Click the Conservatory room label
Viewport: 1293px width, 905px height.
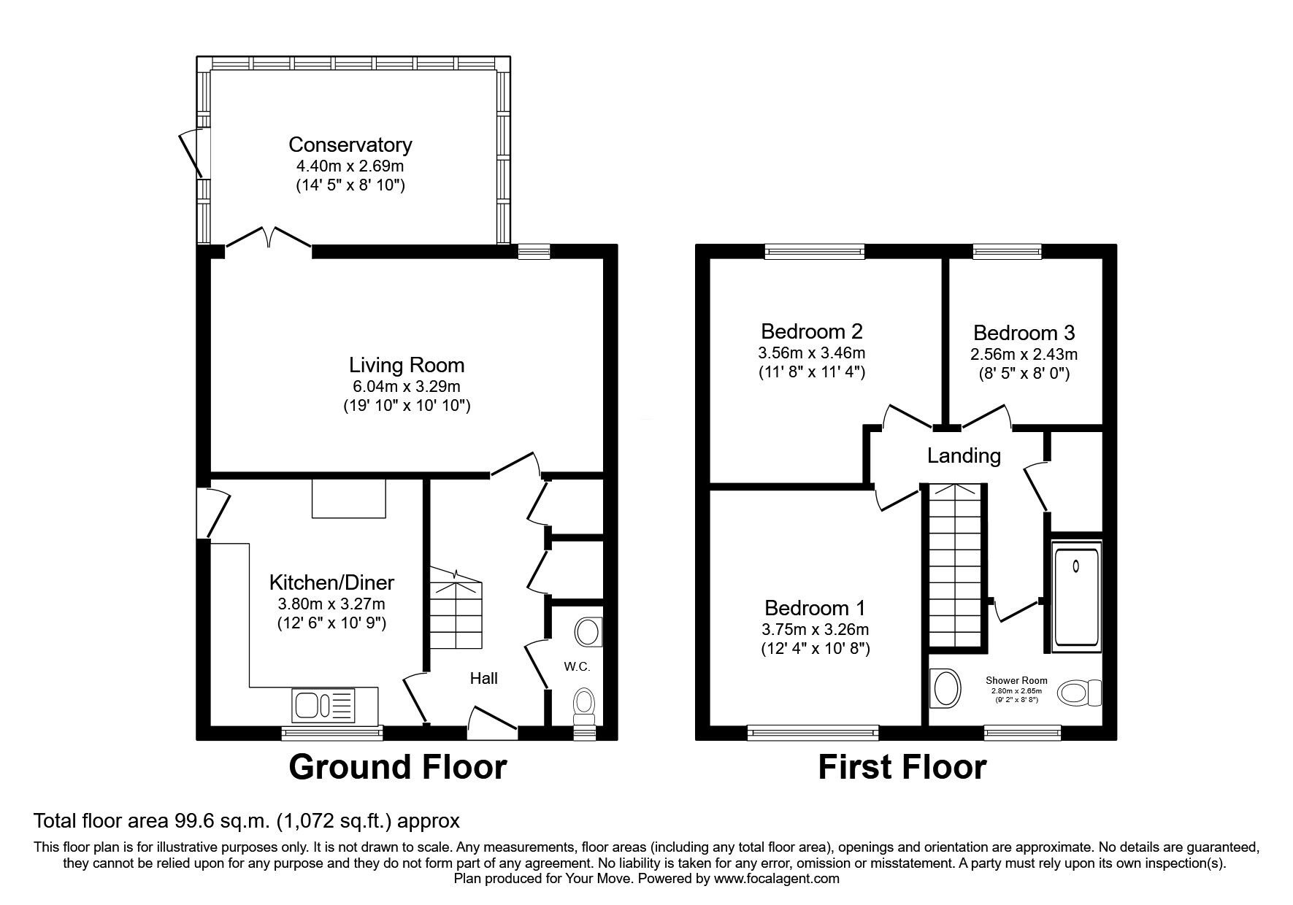[x=350, y=145]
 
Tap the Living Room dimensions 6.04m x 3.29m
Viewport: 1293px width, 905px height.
[x=407, y=386]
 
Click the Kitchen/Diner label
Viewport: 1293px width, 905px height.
[x=331, y=582]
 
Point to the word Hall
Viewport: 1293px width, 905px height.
[x=483, y=679]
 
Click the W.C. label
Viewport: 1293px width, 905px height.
[x=576, y=667]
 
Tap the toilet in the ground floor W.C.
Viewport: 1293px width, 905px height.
[x=584, y=706]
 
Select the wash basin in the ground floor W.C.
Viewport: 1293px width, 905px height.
[x=588, y=632]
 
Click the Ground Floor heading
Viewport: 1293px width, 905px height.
[x=398, y=767]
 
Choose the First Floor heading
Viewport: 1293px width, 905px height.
[x=902, y=767]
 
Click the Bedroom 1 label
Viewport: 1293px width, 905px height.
[x=815, y=608]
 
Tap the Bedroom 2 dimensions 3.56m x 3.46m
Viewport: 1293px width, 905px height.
[x=812, y=353]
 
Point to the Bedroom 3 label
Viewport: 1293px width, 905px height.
[x=1024, y=334]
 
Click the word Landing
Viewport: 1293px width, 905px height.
[x=964, y=456]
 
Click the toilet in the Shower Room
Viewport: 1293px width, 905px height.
[x=1079, y=693]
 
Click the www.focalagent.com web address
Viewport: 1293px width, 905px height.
[x=778, y=879]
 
